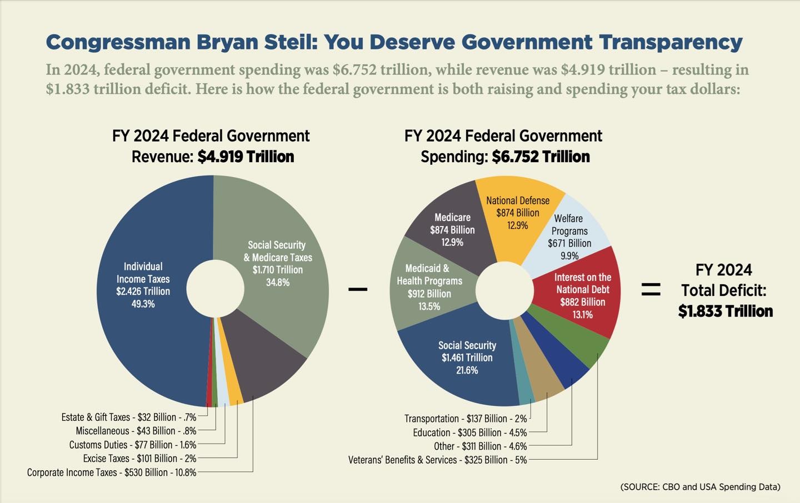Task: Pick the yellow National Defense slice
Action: (x=517, y=217)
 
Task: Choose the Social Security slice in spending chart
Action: (x=467, y=361)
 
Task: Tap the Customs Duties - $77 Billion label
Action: (x=133, y=445)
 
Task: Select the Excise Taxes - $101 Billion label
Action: (x=139, y=459)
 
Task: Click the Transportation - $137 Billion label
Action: (x=466, y=419)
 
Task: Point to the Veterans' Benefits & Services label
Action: (x=437, y=460)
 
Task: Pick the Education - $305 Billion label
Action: (x=470, y=432)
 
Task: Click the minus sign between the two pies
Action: (x=358, y=289)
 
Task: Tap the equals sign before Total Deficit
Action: (x=651, y=289)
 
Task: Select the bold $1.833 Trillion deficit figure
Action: (x=725, y=311)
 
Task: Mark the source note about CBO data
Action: (x=700, y=487)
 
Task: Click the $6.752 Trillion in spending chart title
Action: (x=541, y=157)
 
